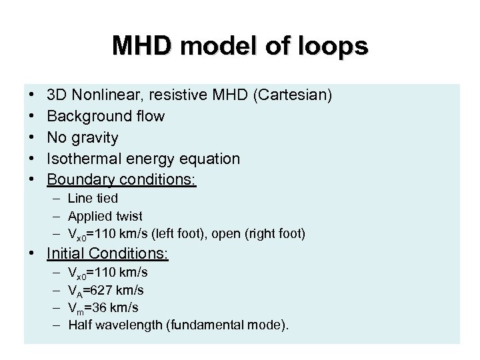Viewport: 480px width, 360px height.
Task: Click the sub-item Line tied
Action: click(93, 198)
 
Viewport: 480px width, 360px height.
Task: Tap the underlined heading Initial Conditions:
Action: click(108, 253)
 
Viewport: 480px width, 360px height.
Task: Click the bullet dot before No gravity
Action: click(32, 137)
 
